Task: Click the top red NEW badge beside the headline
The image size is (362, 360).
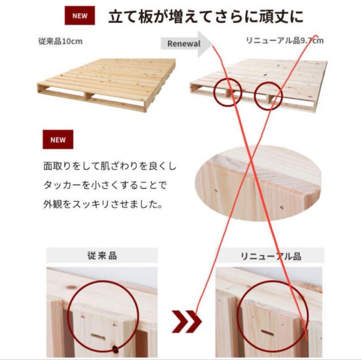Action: (80, 15)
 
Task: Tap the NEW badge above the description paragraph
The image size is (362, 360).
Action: (58, 140)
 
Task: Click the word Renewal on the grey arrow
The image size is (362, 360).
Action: (184, 44)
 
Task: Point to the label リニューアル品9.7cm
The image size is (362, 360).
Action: (285, 41)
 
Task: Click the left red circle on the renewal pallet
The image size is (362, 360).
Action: (227, 93)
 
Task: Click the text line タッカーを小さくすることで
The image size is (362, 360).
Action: (105, 185)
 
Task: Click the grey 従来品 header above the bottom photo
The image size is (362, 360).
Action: (101, 256)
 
